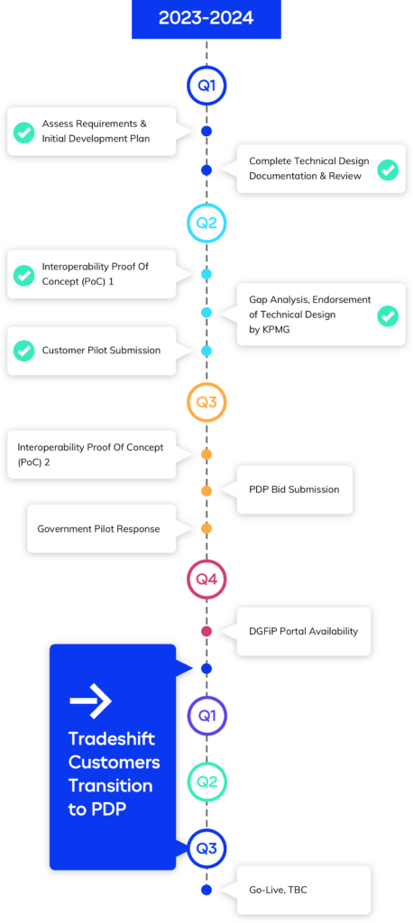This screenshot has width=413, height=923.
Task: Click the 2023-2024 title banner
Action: [x=206, y=18]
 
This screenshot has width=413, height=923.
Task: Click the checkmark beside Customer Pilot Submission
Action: [x=24, y=351]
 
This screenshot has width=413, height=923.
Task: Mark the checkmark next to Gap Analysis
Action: [x=388, y=316]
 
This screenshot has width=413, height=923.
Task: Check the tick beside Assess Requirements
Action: [x=24, y=132]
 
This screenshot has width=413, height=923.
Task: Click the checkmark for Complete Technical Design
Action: [x=388, y=169]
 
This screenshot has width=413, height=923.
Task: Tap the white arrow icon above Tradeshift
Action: [x=91, y=700]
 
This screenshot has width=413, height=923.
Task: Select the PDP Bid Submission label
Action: [x=294, y=489]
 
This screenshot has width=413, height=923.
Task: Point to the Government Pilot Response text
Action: [x=98, y=528]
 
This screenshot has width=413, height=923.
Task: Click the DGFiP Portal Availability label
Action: [x=303, y=631]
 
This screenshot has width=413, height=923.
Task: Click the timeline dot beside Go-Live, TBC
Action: [x=206, y=890]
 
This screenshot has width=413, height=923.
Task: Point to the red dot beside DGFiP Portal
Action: [x=206, y=631]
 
